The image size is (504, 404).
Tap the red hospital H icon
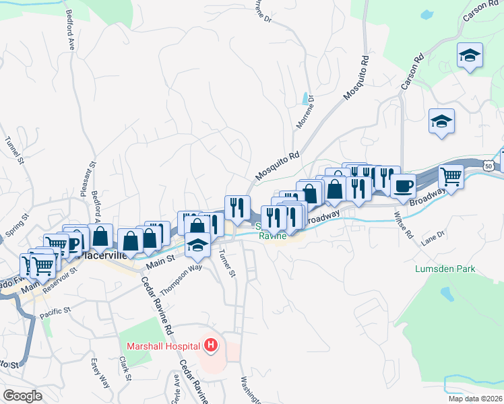point(211,346)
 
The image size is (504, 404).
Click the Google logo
point(22,395)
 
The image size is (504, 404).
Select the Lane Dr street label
point(433,236)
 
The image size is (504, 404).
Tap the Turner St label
point(227,263)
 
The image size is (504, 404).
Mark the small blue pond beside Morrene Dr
point(307,98)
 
